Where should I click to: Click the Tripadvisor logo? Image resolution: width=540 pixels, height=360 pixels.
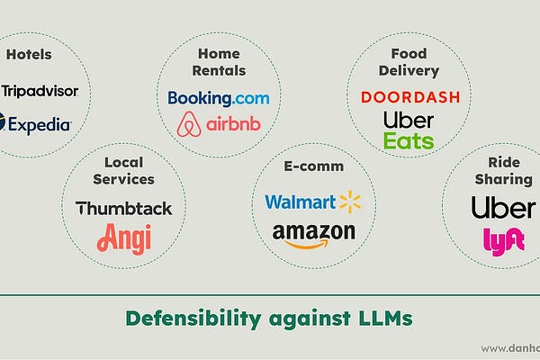(40, 90)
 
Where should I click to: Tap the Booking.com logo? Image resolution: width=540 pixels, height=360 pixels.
(219, 97)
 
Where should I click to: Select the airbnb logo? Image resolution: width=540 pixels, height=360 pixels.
(219, 123)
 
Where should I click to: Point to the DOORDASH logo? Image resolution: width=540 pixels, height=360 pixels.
(410, 96)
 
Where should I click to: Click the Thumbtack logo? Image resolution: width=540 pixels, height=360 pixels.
(123, 208)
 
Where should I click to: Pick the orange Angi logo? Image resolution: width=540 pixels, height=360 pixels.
(123, 238)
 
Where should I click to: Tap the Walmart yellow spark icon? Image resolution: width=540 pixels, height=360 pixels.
(349, 202)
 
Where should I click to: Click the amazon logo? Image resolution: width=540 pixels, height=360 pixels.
(313, 233)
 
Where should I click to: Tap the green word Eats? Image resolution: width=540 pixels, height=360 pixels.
(409, 140)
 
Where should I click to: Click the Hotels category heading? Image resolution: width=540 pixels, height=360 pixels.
(29, 54)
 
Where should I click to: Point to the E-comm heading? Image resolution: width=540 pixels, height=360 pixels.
(313, 166)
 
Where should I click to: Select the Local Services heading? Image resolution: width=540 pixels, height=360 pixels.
(123, 170)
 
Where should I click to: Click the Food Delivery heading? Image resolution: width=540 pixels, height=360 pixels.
(409, 61)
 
